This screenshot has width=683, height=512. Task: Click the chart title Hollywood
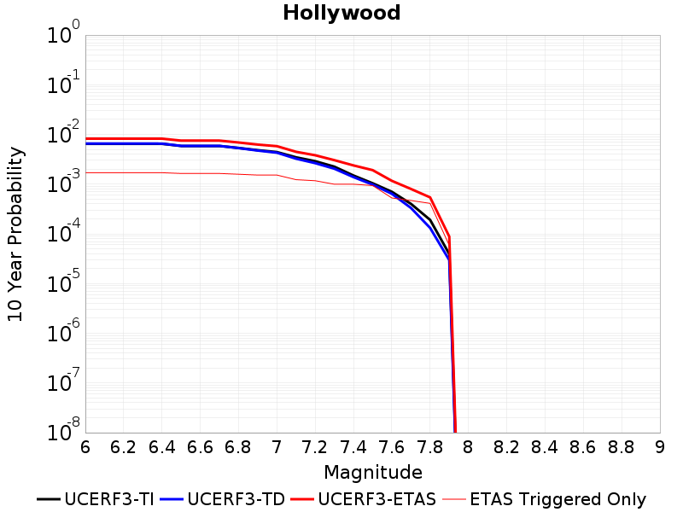point(341,13)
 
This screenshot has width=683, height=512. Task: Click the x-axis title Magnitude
point(373,473)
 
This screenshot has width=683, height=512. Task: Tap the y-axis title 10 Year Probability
point(15,234)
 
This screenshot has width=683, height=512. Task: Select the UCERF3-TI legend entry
point(96,499)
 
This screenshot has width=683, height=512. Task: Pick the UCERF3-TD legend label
point(236,499)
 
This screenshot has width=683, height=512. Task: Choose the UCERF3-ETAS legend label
point(377,499)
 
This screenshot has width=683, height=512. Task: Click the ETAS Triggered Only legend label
point(558,499)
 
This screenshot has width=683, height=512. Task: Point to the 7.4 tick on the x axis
point(353,447)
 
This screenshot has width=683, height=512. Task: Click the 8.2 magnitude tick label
point(506,447)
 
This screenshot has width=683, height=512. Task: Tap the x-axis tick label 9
point(660,447)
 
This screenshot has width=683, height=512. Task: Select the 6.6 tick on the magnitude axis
point(200,447)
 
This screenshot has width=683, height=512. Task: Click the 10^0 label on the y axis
point(63,32)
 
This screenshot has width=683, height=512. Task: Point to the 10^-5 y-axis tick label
point(63,282)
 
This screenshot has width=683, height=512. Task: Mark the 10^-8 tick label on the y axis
point(63,431)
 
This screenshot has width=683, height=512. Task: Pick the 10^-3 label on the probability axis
point(63,182)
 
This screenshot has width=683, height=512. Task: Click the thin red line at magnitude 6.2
point(124,173)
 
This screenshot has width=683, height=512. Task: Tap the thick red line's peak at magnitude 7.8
point(430,197)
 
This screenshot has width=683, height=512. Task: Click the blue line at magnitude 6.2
point(124,143)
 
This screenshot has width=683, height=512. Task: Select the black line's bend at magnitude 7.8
point(430,220)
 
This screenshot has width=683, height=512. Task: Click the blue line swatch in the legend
point(172,499)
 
